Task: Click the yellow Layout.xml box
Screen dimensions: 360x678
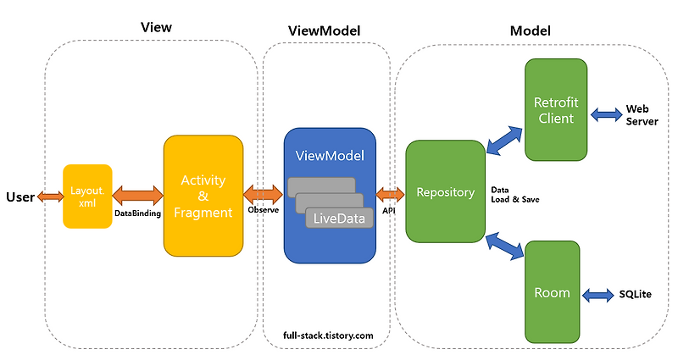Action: click(87, 197)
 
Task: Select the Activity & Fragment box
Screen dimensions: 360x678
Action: click(203, 196)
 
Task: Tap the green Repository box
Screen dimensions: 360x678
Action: click(445, 192)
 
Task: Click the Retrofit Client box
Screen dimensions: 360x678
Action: click(555, 109)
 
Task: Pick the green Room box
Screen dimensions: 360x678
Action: click(552, 293)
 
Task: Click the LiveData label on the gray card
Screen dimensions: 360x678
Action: click(341, 219)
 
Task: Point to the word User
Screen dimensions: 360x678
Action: click(20, 197)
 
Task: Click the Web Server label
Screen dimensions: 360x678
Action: click(642, 115)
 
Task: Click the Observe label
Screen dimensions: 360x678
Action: click(263, 209)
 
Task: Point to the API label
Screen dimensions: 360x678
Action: click(389, 209)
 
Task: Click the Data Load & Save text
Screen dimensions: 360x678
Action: click(514, 194)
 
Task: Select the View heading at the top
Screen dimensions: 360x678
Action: click(156, 27)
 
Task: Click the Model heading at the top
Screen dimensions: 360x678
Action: click(530, 30)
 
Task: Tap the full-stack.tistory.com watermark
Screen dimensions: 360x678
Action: click(328, 335)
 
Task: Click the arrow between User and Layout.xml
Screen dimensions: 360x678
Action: click(50, 197)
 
